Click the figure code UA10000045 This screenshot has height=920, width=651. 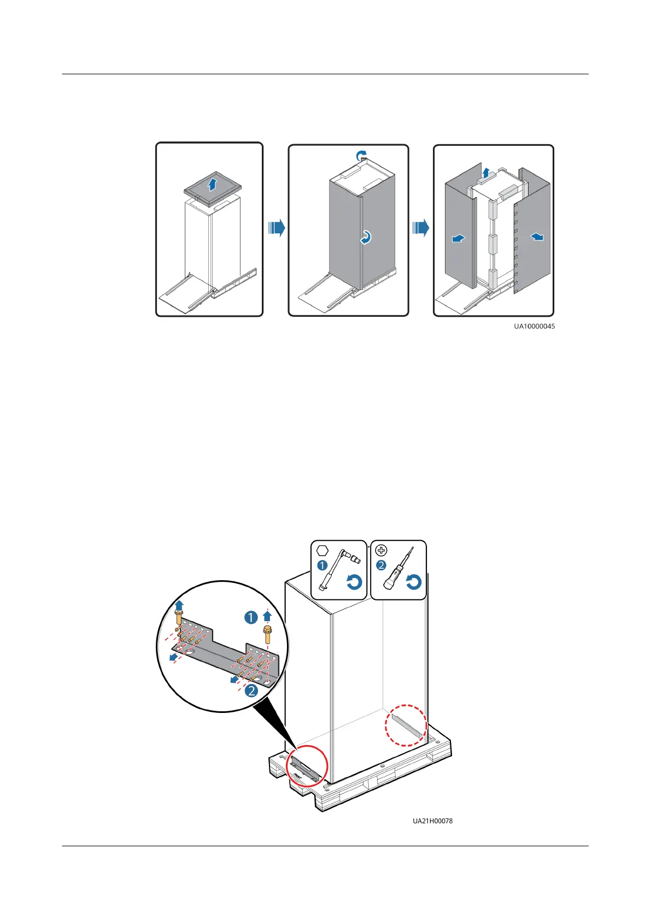[x=534, y=326]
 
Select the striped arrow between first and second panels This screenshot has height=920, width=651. [x=277, y=228]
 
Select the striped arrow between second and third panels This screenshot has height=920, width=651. [x=420, y=228]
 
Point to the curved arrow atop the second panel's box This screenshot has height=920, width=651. [x=360, y=157]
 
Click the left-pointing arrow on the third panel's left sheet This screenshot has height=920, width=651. [x=458, y=238]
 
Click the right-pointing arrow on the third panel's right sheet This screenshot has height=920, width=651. [x=537, y=236]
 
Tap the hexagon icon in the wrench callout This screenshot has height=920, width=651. [x=322, y=550]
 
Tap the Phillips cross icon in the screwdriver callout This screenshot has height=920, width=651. [x=382, y=551]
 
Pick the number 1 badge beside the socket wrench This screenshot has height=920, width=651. [x=322, y=565]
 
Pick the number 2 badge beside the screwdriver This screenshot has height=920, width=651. [x=382, y=565]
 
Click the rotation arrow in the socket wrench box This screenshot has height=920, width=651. [x=354, y=582]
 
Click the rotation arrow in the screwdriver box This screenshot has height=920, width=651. [x=413, y=582]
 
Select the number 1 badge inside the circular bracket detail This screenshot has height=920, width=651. [x=250, y=617]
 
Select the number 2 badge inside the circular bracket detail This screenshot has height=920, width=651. [x=251, y=691]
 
